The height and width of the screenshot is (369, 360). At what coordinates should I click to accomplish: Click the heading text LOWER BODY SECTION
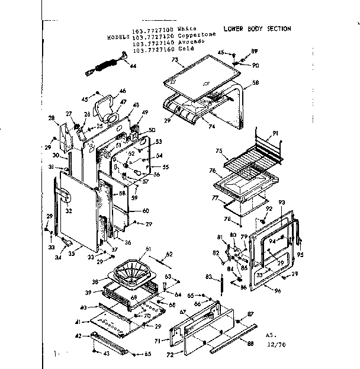pyautogui.click(x=257, y=28)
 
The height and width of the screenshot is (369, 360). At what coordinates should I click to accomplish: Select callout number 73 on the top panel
pyautogui.click(x=175, y=60)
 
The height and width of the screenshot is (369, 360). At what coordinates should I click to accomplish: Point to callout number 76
pyautogui.click(x=212, y=170)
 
